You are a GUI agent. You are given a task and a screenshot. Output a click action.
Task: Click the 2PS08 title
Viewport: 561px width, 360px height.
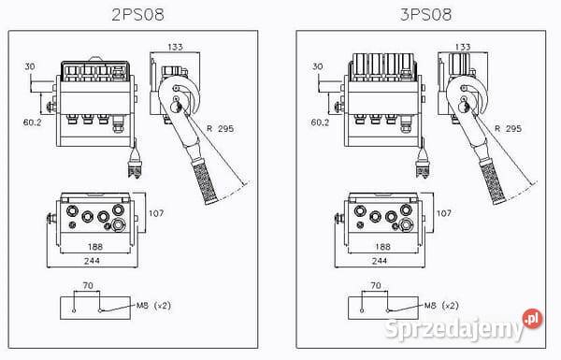tap(137, 15)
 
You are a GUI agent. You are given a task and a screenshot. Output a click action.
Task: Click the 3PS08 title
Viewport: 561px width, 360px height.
tap(425, 15)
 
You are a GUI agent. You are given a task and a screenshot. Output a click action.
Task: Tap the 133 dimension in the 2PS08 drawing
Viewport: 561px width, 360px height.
tap(176, 47)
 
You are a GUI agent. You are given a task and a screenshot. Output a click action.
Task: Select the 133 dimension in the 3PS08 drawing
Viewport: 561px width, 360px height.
tap(463, 47)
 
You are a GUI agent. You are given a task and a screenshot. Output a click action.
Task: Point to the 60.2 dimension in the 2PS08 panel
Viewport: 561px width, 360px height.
tap(32, 122)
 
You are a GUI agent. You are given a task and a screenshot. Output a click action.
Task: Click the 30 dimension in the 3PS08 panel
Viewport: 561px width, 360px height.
tap(317, 66)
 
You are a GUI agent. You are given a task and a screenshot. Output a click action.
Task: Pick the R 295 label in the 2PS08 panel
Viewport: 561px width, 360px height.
tap(220, 128)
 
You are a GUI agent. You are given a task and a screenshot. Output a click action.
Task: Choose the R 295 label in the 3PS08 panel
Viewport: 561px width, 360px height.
tap(508, 128)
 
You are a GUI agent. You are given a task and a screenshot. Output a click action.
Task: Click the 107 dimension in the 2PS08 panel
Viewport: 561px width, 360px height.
tap(156, 213)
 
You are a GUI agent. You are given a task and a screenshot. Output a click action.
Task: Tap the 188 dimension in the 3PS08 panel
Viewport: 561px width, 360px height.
tap(382, 247)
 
